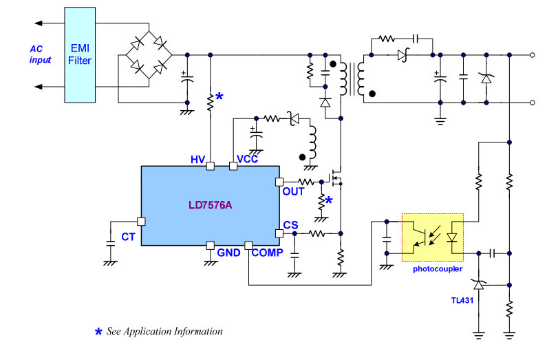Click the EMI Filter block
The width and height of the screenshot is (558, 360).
[80, 55]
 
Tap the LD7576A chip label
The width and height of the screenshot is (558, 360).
[211, 205]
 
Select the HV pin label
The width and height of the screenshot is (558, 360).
[198, 160]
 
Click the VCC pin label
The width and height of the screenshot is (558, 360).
[247, 159]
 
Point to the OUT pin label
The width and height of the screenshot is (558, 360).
[293, 191]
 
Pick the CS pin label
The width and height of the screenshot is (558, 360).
[290, 225]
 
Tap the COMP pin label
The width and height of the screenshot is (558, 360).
[267, 253]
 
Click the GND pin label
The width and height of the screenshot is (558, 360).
[229, 253]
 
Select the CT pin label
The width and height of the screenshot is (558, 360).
[128, 237]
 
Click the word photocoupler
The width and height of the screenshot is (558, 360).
[438, 269]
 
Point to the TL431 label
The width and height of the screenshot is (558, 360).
[462, 300]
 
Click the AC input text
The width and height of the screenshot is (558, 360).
[40, 54]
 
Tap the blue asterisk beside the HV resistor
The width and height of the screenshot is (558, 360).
[219, 96]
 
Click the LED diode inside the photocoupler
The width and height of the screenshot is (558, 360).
[452, 237]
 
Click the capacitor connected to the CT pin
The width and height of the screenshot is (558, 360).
[111, 244]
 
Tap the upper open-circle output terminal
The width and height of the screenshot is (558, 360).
[532, 55]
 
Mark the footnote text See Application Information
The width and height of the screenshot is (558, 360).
[164, 332]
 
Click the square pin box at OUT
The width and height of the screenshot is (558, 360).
[279, 182]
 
